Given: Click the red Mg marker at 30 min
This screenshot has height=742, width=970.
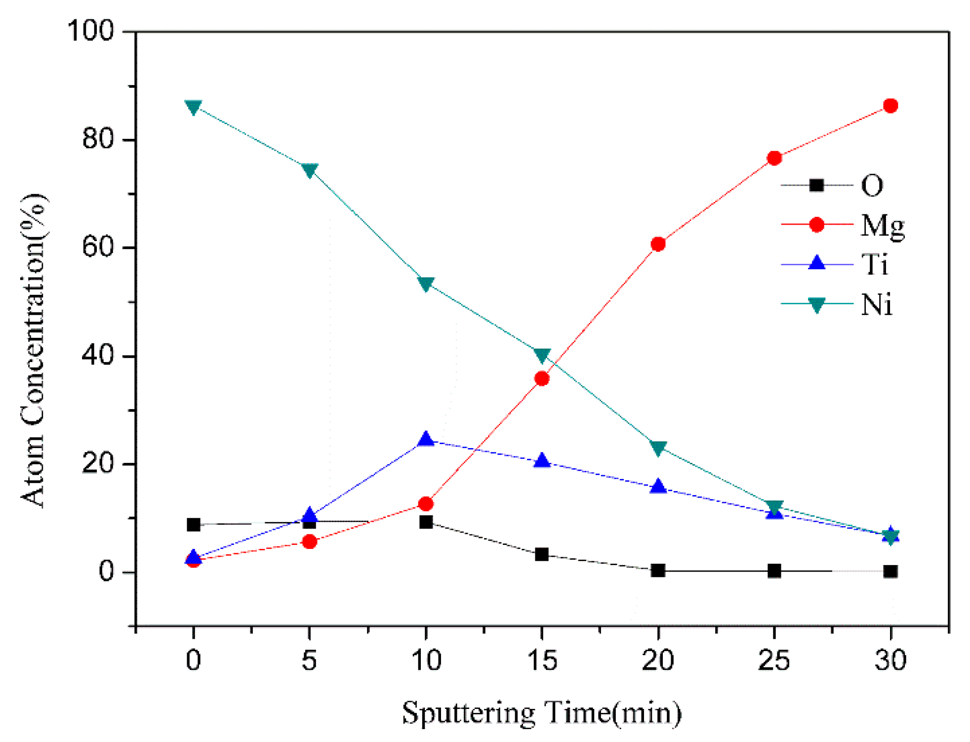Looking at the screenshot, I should pos(890,106).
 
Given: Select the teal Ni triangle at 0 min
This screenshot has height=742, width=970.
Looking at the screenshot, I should pos(193,107).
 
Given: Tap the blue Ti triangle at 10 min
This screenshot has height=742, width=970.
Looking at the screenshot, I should pos(426,439).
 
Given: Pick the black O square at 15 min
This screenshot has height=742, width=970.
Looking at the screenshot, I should pos(542,554).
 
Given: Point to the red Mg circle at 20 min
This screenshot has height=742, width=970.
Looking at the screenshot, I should pos(658,244).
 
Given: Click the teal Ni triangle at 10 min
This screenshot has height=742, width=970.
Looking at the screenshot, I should pos(426,284).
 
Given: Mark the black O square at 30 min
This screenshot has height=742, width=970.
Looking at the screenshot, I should pos(890,572).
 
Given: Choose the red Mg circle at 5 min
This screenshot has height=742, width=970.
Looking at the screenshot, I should pos(309,542).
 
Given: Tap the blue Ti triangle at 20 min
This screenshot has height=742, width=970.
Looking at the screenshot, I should pos(658,487).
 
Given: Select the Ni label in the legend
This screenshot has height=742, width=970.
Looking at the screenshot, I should pos(876,304).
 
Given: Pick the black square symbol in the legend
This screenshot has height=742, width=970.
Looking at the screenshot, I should pos(817,185).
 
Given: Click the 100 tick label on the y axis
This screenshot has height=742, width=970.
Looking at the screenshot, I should pos(90,31).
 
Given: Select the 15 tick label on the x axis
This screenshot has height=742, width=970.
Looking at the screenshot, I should pos(542,660).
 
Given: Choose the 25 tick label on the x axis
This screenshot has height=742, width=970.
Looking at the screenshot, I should pos(774,660).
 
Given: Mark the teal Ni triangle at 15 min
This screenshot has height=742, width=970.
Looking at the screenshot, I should pos(542,355).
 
